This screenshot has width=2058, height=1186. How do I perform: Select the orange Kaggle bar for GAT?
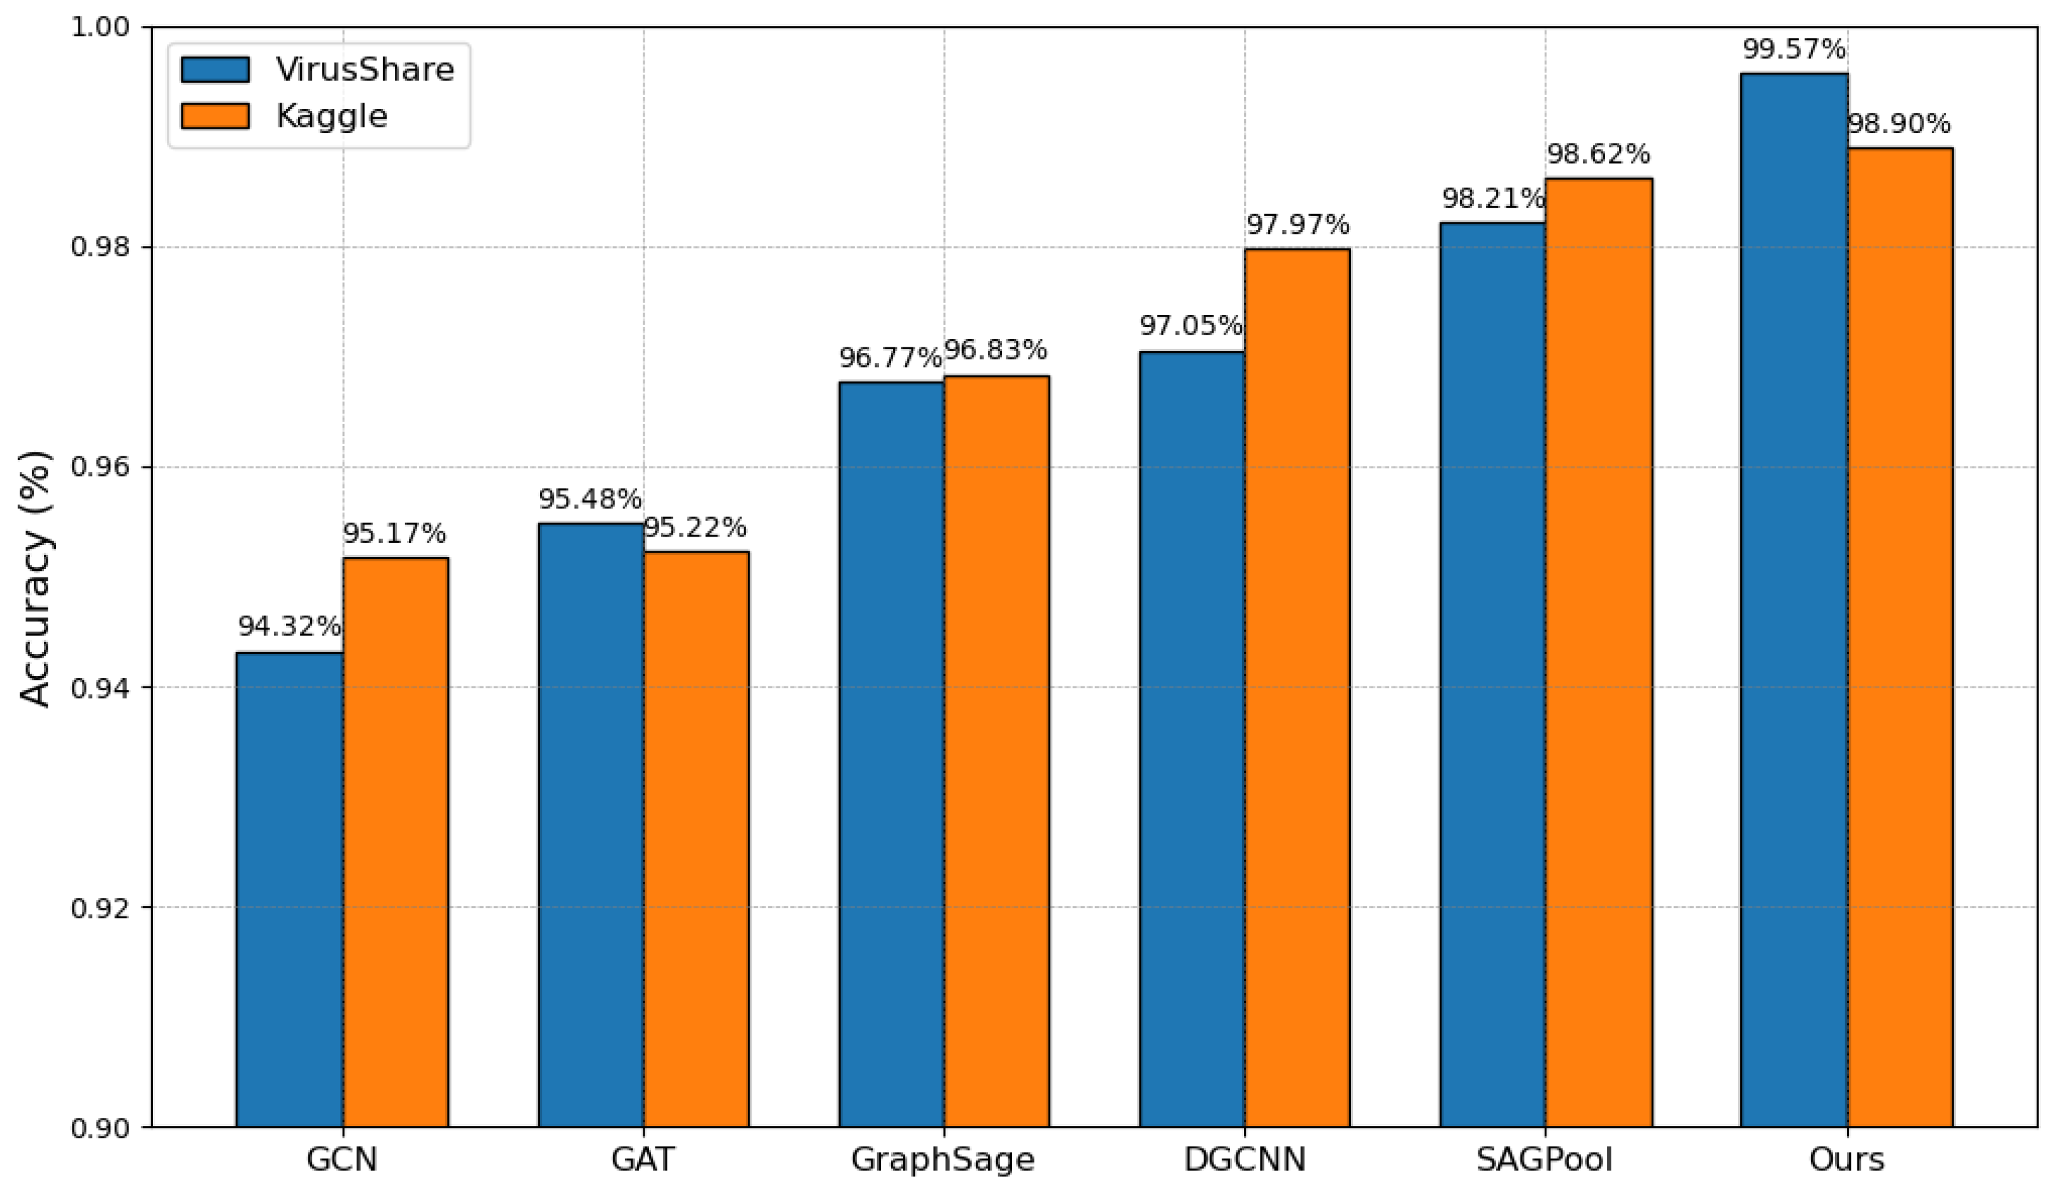[x=696, y=839]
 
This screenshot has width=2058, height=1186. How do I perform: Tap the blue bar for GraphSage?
[x=892, y=753]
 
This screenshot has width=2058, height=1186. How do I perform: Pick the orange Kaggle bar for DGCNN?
[x=1297, y=688]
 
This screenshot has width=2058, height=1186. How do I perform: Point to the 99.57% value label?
[x=1794, y=50]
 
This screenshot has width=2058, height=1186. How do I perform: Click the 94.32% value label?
[x=289, y=626]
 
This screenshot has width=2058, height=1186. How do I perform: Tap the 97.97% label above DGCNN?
[x=1297, y=224]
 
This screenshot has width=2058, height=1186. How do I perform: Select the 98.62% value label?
[x=1598, y=154]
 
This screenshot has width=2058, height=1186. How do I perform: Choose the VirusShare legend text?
[x=364, y=70]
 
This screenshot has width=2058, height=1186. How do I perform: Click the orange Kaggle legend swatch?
[x=215, y=115]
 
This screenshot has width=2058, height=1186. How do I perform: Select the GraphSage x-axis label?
[x=943, y=1159]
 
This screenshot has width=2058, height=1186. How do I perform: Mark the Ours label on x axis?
[x=1845, y=1159]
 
